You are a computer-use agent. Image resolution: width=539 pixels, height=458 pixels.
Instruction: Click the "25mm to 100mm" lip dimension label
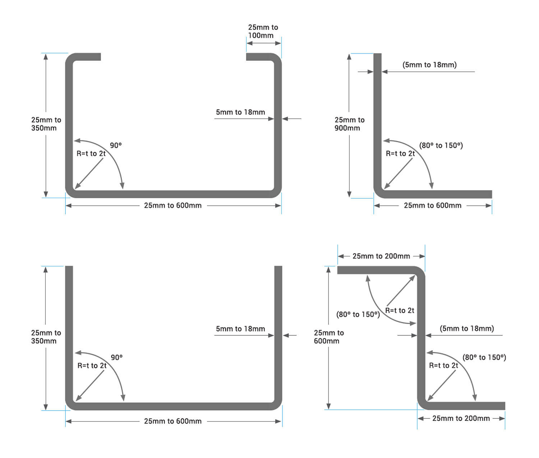263,31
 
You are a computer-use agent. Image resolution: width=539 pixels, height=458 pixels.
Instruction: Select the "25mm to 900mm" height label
349,124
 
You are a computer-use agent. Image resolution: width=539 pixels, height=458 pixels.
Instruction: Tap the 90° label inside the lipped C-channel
116,145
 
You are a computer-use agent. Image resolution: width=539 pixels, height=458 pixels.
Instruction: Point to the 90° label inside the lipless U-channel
116,357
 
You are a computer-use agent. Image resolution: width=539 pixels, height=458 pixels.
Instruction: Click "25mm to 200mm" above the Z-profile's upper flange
381,256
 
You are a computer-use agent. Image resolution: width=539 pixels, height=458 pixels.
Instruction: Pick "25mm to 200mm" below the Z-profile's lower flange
461,418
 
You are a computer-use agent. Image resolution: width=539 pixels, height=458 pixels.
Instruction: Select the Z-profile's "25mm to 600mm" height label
328,336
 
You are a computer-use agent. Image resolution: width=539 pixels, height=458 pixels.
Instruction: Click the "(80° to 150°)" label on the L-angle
441,145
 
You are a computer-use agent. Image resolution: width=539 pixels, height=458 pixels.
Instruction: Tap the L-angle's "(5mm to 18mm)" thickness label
429,65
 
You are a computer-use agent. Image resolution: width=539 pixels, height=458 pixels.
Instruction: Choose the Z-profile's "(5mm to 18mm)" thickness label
467,328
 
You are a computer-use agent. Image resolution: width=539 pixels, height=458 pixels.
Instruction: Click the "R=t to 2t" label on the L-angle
400,154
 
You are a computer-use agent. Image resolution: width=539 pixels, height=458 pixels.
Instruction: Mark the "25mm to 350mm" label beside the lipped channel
46,124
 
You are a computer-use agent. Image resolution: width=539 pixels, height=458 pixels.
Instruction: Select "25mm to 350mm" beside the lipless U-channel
46,336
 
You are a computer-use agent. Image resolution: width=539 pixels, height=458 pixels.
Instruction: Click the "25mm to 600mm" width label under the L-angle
432,205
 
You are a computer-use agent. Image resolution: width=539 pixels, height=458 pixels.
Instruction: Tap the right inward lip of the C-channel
261,57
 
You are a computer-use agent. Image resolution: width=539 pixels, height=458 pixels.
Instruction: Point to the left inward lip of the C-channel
88,57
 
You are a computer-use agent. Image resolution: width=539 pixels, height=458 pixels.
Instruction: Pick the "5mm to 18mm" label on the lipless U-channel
240,329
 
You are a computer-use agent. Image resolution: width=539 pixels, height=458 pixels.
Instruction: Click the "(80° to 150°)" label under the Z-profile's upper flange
358,314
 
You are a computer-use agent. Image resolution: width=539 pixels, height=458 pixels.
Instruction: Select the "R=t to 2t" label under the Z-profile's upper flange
400,310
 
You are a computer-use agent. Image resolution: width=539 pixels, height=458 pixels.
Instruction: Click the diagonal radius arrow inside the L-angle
398,174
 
